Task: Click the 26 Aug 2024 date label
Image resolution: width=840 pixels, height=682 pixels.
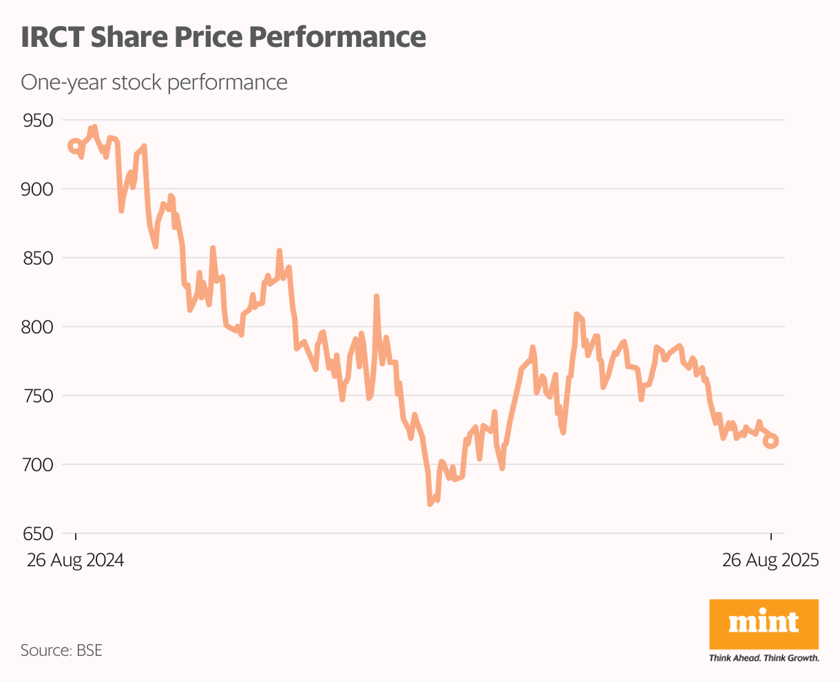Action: pyautogui.click(x=76, y=560)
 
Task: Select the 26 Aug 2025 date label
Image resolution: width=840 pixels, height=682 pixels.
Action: pyautogui.click(x=770, y=560)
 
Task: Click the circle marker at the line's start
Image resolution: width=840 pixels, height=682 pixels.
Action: pyautogui.click(x=75, y=146)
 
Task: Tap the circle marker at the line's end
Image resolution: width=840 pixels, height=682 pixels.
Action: pyautogui.click(x=771, y=441)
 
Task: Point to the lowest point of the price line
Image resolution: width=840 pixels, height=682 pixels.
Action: pyautogui.click(x=430, y=504)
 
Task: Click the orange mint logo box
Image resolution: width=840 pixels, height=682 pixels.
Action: pyautogui.click(x=764, y=624)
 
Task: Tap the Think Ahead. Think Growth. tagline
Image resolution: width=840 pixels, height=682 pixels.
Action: pyautogui.click(x=764, y=658)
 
